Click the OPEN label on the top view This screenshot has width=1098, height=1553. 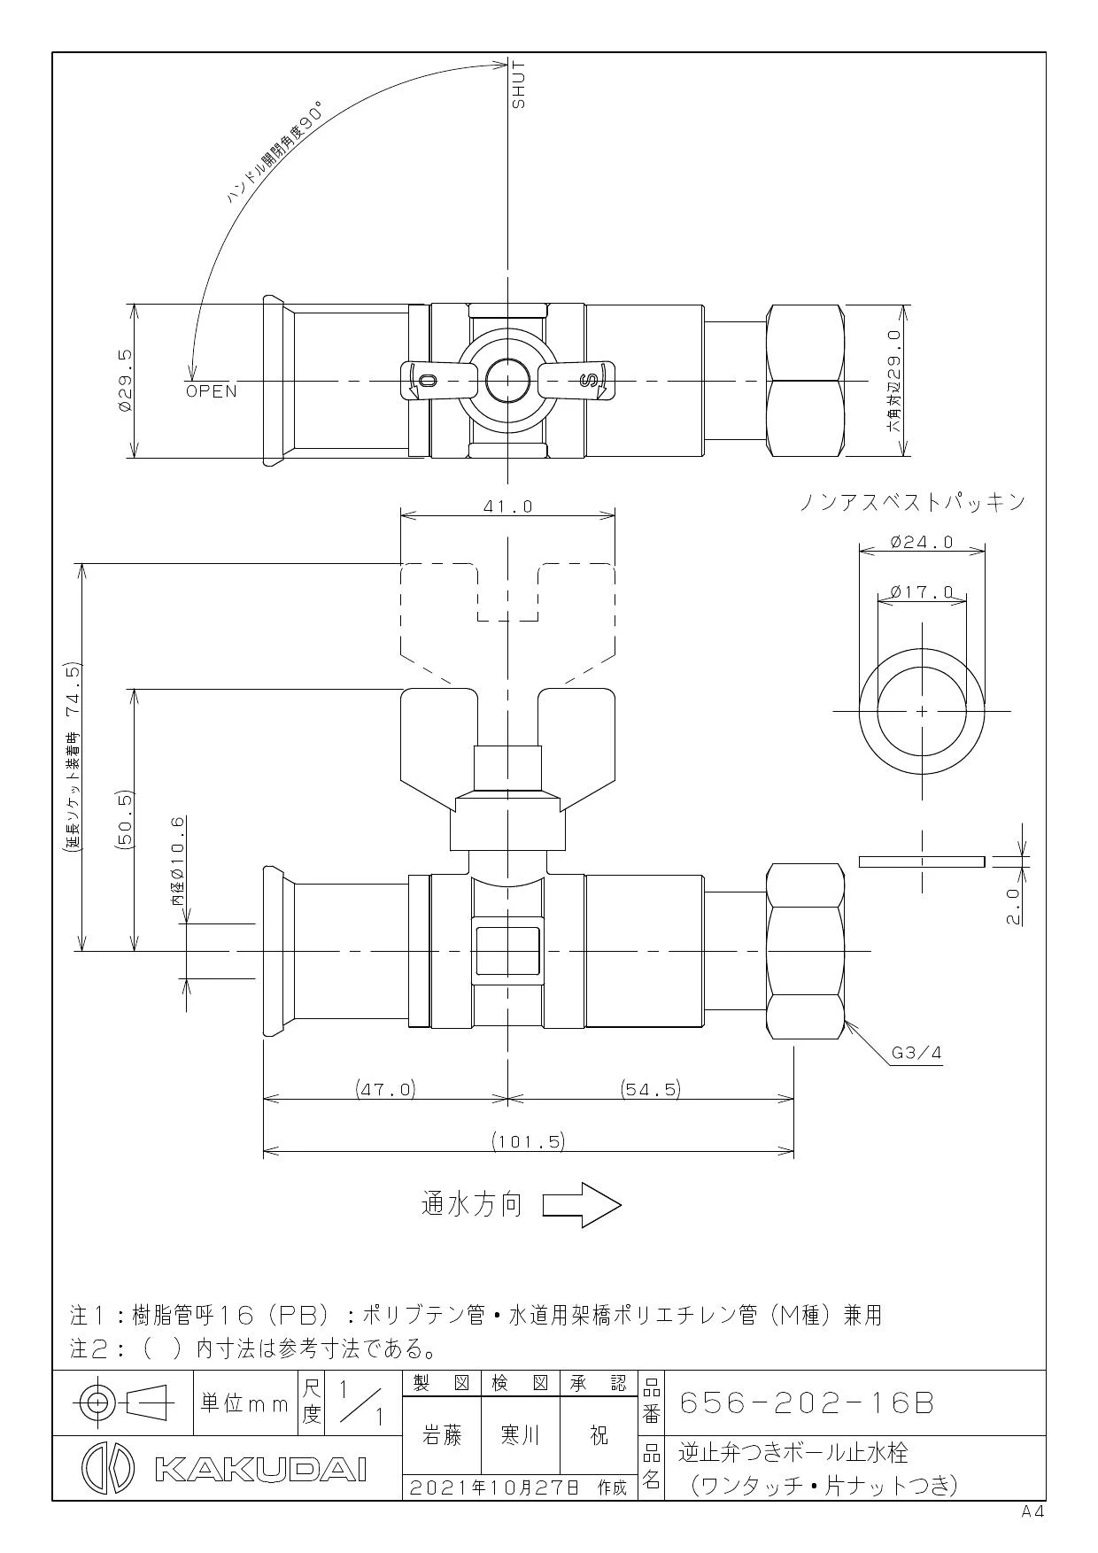tap(212, 391)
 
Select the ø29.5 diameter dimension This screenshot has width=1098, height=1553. tap(124, 380)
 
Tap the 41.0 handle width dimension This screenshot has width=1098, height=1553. tap(507, 506)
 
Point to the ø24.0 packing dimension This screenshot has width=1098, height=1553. tap(922, 542)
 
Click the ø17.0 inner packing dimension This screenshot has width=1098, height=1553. tap(922, 591)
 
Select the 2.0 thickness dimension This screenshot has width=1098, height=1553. tap(1012, 906)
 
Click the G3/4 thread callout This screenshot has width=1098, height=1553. tap(916, 1054)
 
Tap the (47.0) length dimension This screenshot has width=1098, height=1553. tap(385, 1088)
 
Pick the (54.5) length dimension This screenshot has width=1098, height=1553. tap(651, 1088)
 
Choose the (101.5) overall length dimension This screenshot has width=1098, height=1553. tap(529, 1141)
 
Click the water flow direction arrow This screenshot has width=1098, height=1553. tap(582, 1205)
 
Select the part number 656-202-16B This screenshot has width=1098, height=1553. tap(807, 1403)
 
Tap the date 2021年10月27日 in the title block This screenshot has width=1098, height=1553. tap(499, 1487)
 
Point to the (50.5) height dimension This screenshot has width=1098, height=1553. tap(124, 820)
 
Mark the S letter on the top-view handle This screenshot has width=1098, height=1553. tap(586, 381)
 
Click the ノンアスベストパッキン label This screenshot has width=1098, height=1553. tap(912, 502)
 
